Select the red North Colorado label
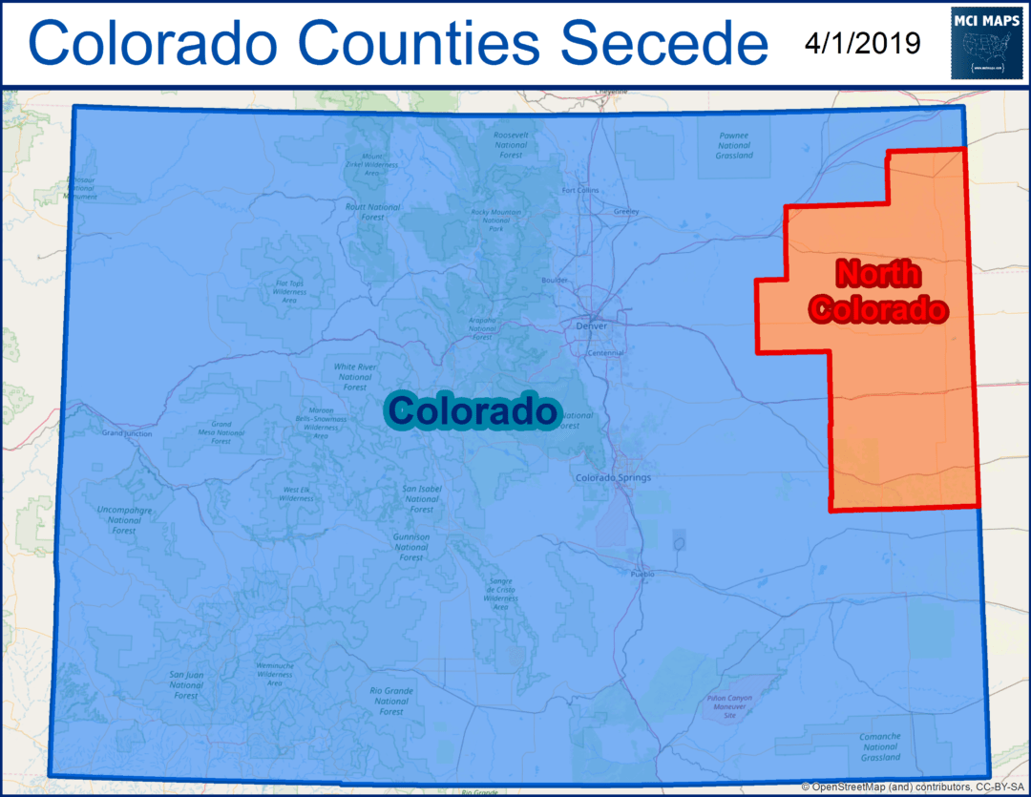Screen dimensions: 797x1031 [878, 291]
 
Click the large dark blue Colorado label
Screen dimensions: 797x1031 [472, 410]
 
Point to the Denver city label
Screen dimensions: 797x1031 [592, 325]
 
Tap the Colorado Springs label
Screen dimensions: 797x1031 [613, 477]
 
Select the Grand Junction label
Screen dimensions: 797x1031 [126, 433]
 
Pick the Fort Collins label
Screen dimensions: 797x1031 [580, 190]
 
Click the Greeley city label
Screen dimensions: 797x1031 [626, 210]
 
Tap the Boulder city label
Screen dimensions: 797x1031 [555, 281]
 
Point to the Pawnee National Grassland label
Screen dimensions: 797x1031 [734, 145]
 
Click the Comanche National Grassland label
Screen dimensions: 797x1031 [879, 746]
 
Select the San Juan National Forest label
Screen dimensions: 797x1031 [186, 684]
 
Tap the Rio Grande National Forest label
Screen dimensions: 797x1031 [390, 701]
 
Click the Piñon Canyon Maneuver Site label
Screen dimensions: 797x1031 [730, 706]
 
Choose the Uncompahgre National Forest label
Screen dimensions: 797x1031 [124, 519]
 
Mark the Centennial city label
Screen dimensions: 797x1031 [605, 353]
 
